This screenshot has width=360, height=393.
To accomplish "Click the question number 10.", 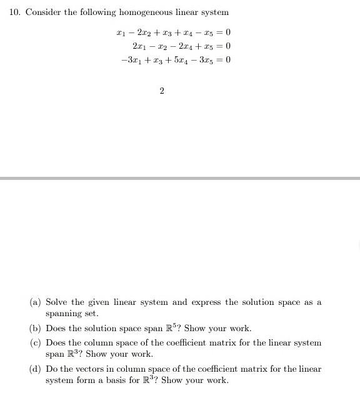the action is click(15, 12).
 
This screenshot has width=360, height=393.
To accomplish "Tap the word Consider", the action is click(42, 12).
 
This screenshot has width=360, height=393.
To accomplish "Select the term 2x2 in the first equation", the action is click(147, 32).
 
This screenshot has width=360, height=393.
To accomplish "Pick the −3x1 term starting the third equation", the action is click(130, 61).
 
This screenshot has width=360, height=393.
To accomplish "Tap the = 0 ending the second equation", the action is click(225, 46).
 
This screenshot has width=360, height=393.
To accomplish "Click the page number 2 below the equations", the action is click(162, 91).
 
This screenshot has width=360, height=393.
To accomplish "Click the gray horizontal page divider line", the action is click(180, 178).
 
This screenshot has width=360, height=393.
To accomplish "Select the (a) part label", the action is click(36, 302).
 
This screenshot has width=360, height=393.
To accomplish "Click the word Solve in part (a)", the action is click(57, 302).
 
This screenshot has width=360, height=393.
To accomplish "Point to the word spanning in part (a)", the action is click(64, 314).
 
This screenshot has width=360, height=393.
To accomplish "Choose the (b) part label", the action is click(36, 329).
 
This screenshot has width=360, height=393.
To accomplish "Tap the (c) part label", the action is click(36, 343).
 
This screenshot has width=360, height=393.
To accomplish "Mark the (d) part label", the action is click(36, 369).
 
